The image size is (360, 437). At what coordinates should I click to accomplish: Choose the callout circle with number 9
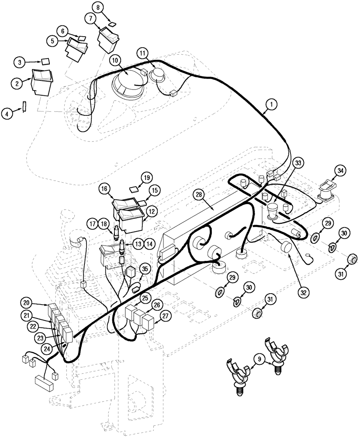click(x=261, y=361)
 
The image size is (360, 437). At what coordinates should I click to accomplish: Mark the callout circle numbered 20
click(x=27, y=303)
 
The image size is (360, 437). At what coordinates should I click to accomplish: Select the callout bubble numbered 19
click(x=145, y=177)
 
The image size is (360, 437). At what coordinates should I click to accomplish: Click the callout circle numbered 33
click(x=298, y=163)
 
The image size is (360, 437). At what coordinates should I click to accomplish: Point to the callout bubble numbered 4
click(x=7, y=114)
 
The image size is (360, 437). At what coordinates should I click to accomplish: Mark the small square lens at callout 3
click(x=45, y=62)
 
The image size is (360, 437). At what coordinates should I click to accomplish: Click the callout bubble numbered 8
click(x=98, y=7)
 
